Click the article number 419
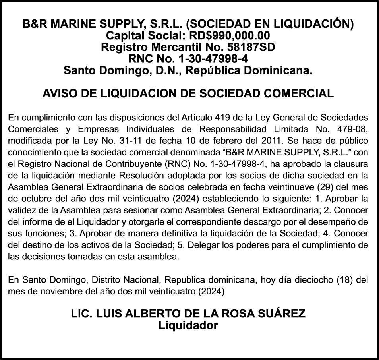tap(222, 118)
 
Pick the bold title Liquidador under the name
tap(188, 326)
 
